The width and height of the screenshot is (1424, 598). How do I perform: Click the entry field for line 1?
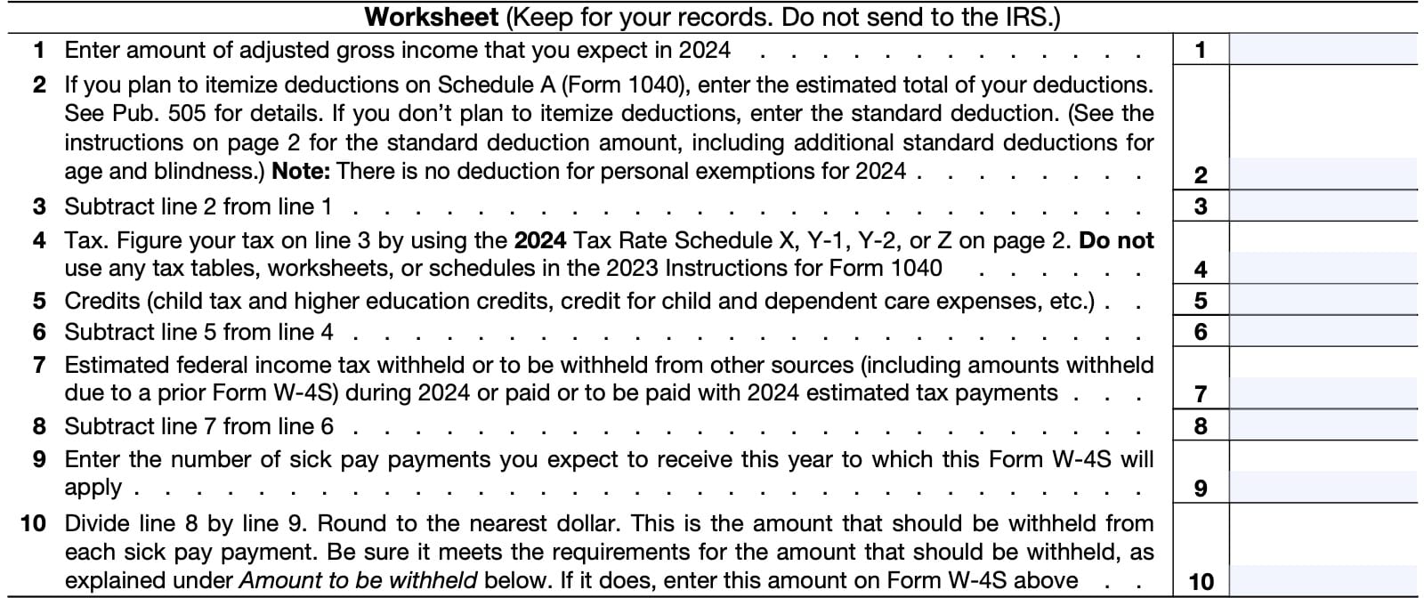1323,50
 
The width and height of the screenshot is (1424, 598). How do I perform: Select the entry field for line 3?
1323,206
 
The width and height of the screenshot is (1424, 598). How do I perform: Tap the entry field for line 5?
1323,301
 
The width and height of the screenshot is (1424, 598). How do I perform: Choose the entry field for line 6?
1323,332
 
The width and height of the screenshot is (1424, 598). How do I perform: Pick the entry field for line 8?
1323,426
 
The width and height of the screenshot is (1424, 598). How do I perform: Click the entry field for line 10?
1323,581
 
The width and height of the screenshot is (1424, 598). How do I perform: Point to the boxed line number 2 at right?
1201,175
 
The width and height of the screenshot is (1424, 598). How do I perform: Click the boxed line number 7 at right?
1201,394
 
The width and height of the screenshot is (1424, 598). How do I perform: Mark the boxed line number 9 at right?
1201,489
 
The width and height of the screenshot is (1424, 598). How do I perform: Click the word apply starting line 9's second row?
93,489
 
